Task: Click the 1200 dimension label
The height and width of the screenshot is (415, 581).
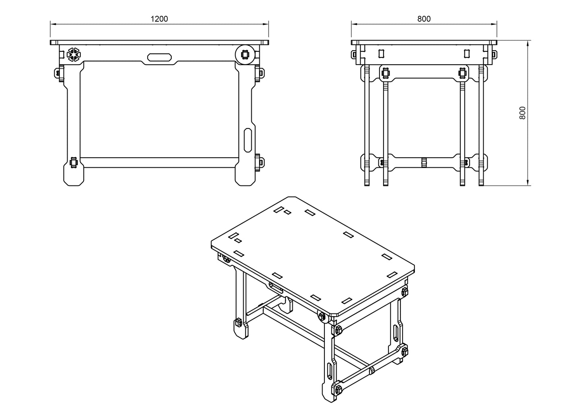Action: coord(159,18)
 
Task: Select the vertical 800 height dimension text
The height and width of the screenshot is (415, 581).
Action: coord(522,113)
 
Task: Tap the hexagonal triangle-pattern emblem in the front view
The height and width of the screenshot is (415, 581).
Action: coord(74,55)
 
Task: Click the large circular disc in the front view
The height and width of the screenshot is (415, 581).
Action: coord(245,55)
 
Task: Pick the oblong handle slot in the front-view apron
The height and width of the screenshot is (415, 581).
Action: coord(160,57)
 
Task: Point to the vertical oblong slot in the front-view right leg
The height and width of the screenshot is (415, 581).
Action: coord(248,140)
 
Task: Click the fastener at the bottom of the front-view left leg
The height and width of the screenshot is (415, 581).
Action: coord(74,163)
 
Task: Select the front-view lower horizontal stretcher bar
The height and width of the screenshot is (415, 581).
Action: coord(159,163)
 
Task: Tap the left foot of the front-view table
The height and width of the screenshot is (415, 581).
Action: coord(74,177)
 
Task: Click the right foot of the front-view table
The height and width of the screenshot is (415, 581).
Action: coord(245,177)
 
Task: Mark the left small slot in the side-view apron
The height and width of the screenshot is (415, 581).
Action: coord(381,54)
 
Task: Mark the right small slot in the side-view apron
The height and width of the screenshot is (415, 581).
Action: coord(467,54)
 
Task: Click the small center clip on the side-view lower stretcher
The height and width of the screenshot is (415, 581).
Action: coord(424,162)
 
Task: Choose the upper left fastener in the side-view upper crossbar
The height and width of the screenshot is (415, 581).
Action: coord(386,73)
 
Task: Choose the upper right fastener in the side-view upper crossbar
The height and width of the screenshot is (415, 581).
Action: coord(462,73)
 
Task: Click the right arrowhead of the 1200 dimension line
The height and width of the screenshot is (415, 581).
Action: coord(266,24)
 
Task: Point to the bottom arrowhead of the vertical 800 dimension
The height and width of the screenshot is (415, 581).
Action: coord(527,183)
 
